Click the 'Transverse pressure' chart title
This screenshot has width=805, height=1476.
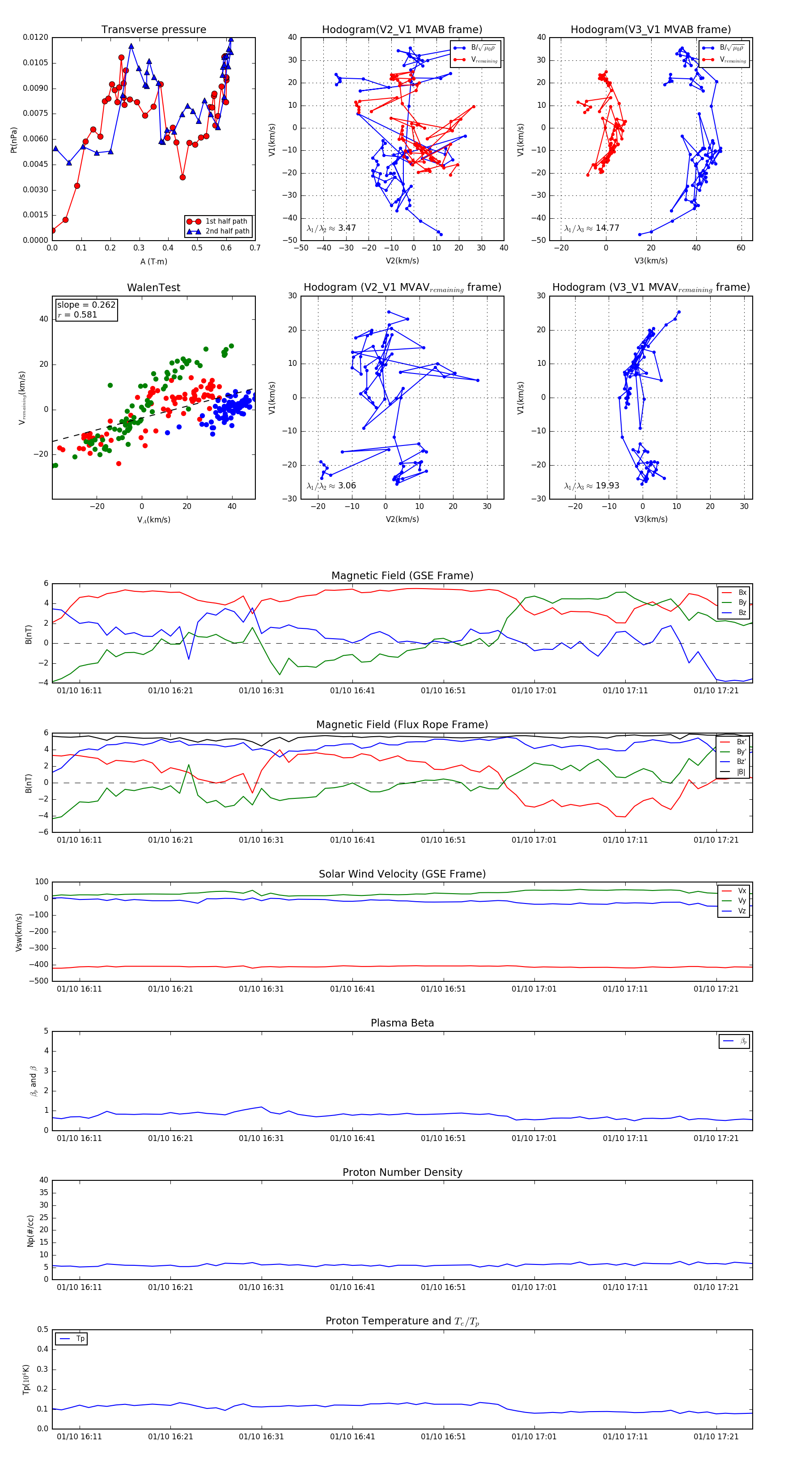tap(153, 30)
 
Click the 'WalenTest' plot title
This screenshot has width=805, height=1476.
tap(153, 288)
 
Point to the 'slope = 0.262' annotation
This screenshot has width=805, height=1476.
tap(86, 305)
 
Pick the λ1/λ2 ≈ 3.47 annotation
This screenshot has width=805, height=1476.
tap(331, 228)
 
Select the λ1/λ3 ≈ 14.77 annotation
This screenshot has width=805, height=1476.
tap(591, 228)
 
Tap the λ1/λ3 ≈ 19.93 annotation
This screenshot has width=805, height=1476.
tap(591, 486)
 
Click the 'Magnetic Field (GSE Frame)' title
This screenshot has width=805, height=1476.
tap(402, 576)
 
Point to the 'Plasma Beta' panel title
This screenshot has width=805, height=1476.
tap(402, 1023)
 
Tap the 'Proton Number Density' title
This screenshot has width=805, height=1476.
tap(402, 1172)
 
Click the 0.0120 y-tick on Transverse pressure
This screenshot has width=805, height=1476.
tap(35, 38)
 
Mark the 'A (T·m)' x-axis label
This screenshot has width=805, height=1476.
tap(153, 262)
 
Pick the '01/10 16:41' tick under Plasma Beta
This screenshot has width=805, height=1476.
tap(352, 1138)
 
